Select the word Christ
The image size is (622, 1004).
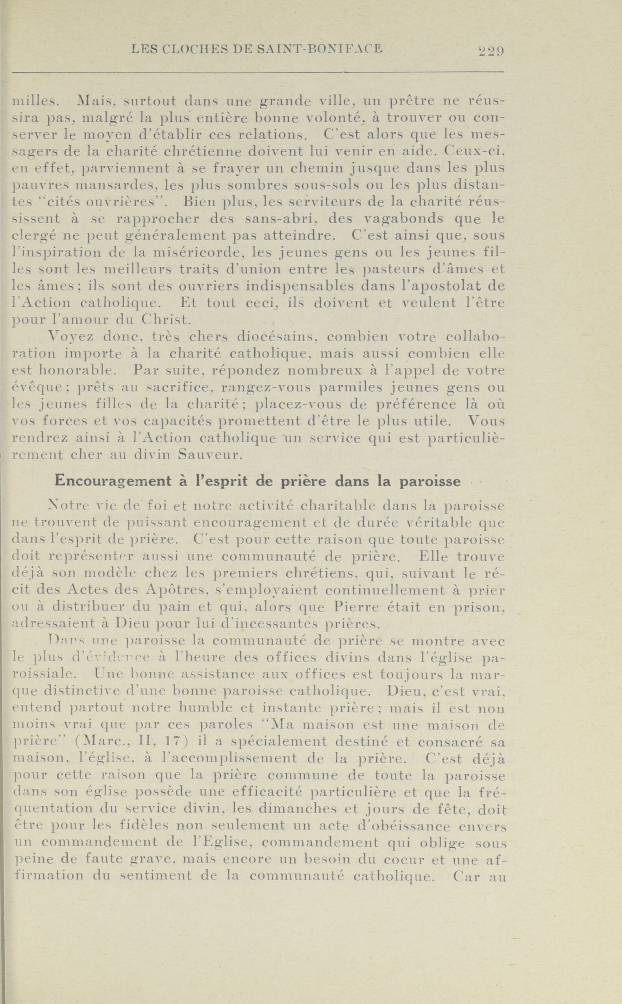point(166,320)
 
